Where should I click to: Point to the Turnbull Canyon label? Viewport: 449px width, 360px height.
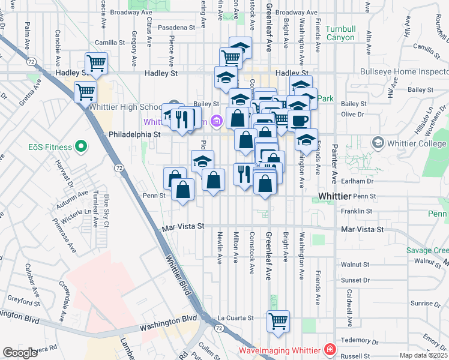[x=340, y=33]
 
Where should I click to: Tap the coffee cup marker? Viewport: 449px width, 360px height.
[x=299, y=119]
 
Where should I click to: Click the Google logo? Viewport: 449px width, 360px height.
[x=20, y=353]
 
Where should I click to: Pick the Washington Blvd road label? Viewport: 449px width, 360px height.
[x=169, y=328]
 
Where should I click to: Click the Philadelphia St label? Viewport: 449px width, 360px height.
[x=134, y=135]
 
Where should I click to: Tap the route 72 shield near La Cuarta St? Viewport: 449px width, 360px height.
[x=219, y=328]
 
